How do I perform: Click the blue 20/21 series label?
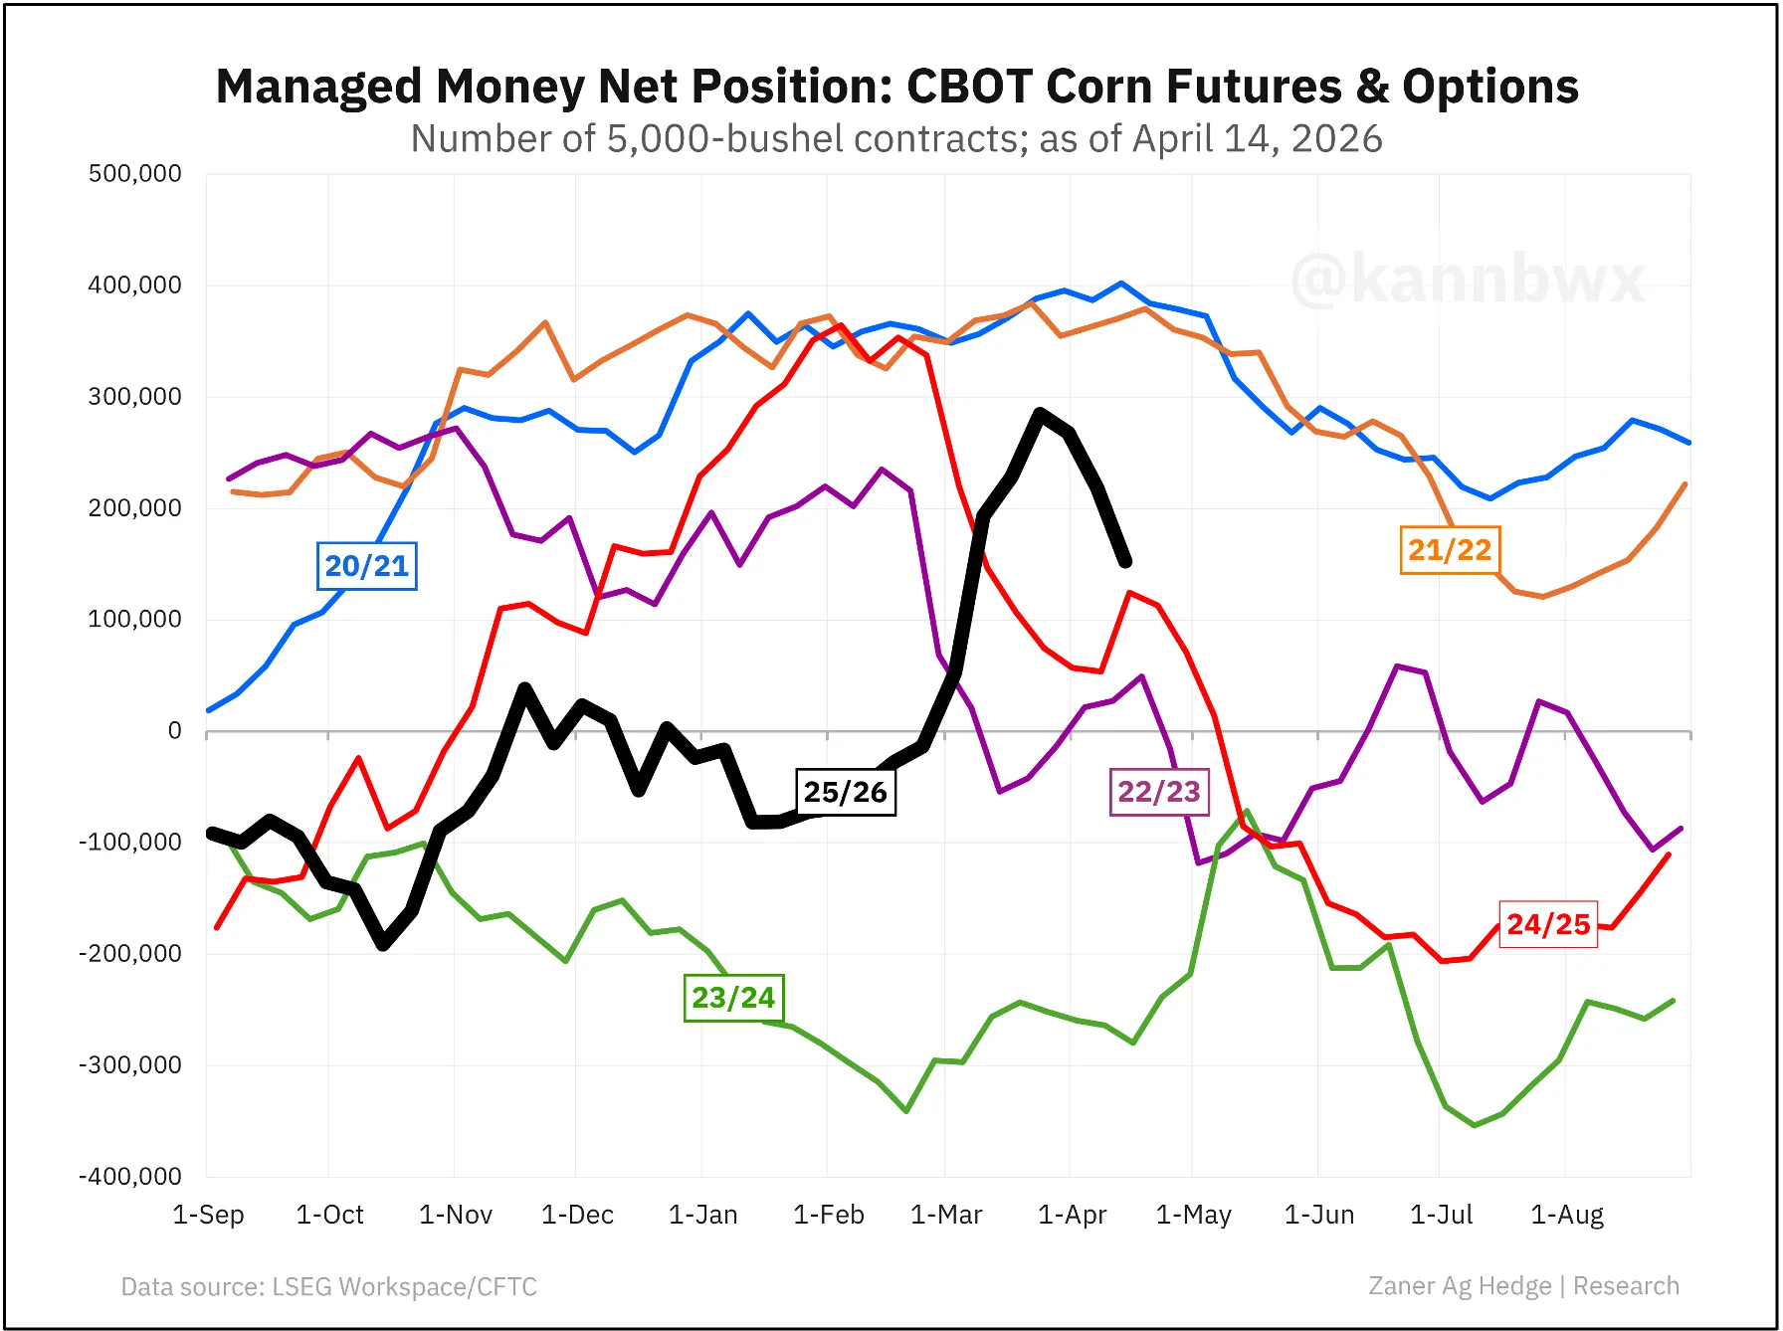click(366, 566)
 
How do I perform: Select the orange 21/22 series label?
click(1450, 550)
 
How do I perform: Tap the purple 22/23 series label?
click(1159, 792)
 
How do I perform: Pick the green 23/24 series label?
click(733, 997)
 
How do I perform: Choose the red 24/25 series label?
click(1548, 924)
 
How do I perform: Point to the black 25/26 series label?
click(845, 792)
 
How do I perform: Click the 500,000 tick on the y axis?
click(135, 174)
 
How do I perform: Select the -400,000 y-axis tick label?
click(130, 1177)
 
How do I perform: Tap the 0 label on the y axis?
click(175, 731)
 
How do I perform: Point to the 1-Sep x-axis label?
click(208, 1215)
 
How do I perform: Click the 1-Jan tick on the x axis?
click(702, 1215)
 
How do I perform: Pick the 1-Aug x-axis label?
click(1566, 1215)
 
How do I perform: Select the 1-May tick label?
click(1193, 1215)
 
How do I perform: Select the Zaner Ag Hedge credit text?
click(1460, 1286)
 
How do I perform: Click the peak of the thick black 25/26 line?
click(1040, 412)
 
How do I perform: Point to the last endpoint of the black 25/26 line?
click(1125, 563)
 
